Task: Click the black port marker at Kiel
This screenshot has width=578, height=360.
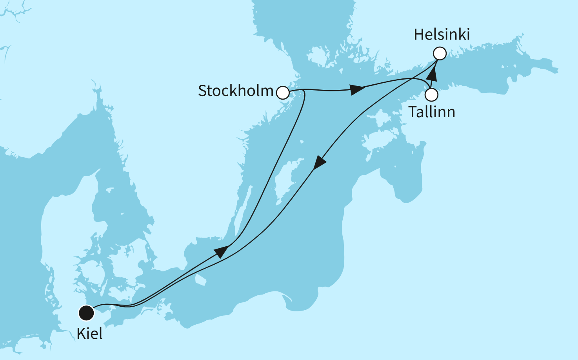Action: (86, 313)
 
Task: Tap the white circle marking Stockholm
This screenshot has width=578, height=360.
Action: (283, 93)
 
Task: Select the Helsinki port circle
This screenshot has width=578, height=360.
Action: (440, 53)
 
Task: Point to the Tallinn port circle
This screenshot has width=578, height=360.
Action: (432, 95)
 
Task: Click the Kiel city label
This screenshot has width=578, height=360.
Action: (89, 334)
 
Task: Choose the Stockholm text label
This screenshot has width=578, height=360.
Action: (235, 91)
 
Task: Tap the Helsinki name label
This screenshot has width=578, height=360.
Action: (442, 35)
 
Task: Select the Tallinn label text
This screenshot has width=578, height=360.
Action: (432, 112)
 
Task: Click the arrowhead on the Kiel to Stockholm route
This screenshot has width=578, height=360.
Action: (222, 251)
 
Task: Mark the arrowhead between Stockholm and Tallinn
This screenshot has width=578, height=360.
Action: (358, 89)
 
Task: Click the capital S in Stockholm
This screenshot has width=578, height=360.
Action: (203, 91)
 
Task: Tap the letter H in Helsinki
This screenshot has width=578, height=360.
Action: (419, 35)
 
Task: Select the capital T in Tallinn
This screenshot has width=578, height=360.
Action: (414, 112)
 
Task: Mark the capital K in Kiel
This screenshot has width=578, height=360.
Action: (82, 334)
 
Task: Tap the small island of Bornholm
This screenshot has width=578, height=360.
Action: (200, 279)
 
